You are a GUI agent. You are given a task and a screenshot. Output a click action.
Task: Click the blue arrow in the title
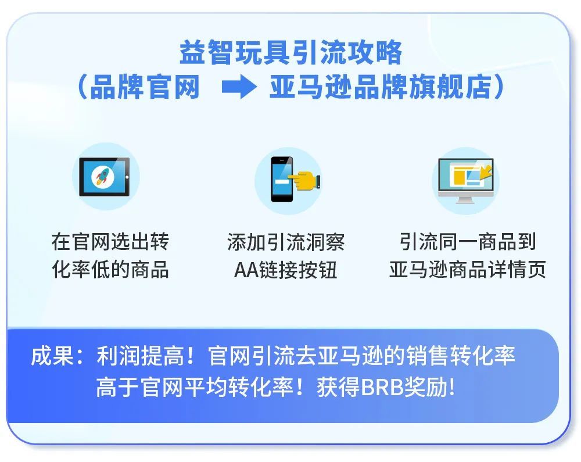click(x=239, y=87)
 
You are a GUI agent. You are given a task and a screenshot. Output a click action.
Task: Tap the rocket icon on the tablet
click(x=103, y=176)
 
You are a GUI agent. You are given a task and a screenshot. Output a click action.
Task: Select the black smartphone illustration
click(x=282, y=180)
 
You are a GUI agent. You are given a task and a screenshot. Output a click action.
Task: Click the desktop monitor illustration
click(x=466, y=180)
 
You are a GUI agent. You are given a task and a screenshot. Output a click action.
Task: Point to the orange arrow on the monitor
click(x=486, y=171)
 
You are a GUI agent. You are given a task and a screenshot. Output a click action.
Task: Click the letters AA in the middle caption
click(x=246, y=270)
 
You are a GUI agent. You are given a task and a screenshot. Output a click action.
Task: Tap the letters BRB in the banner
click(x=382, y=388)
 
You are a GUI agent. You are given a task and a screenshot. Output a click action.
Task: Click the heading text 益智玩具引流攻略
click(x=291, y=53)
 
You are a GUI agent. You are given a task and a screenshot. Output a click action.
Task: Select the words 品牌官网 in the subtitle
click(x=145, y=87)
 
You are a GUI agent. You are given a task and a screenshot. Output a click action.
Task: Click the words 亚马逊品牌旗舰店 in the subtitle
click(x=381, y=87)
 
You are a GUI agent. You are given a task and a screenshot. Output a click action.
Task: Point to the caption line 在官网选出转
click(x=110, y=242)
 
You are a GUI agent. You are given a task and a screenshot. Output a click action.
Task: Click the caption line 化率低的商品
click(x=110, y=269)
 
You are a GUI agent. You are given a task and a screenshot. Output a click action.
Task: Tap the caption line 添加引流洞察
click(x=286, y=242)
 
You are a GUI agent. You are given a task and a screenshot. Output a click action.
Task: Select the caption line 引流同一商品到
click(x=468, y=242)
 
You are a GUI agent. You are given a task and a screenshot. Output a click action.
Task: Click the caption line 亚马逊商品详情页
click(x=468, y=269)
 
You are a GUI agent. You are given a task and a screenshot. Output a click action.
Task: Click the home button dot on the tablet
click(x=127, y=177)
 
